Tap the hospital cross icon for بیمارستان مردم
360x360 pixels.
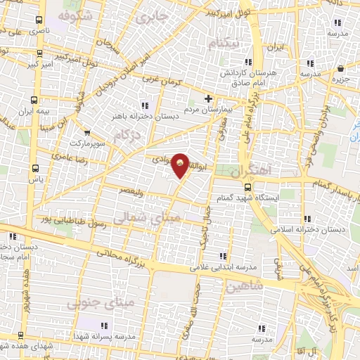[x=207, y=98]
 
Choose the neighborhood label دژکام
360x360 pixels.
[x=131, y=131]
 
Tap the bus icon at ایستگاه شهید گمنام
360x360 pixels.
[x=247, y=186]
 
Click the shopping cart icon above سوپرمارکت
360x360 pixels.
[x=87, y=131]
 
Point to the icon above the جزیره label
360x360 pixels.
[x=341, y=69]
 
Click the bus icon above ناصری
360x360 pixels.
[x=38, y=20]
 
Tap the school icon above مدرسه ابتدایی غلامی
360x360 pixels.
[x=223, y=255]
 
